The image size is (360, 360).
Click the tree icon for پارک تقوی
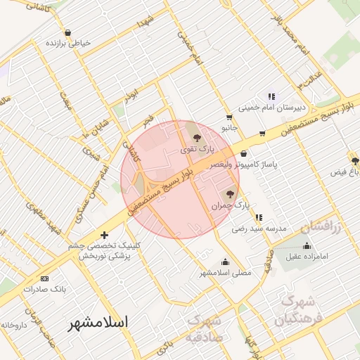coord(196,138)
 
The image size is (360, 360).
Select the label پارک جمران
coord(231,206)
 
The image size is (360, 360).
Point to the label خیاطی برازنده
coord(69,43)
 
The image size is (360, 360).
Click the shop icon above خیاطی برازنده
coord(67,32)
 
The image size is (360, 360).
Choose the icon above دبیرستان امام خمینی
coord(271,96)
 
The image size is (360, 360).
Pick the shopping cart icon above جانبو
coord(229,117)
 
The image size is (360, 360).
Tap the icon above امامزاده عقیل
coord(307,245)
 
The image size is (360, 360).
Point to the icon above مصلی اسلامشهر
coord(225,262)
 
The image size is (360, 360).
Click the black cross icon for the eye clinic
coord(105,235)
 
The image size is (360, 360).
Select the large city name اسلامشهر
coord(98,323)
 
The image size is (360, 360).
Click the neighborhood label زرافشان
coord(321,228)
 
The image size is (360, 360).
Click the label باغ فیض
coord(345,172)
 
